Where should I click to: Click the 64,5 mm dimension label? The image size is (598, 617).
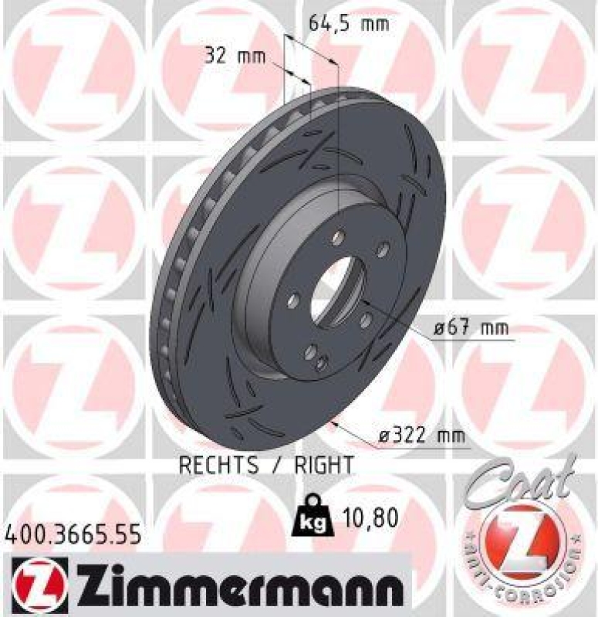click(349, 23)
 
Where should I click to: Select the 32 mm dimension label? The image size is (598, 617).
click(235, 56)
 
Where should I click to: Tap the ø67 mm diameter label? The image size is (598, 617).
click(471, 329)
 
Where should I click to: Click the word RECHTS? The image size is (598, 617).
click(218, 465)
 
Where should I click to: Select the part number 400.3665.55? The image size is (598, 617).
click(74, 533)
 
